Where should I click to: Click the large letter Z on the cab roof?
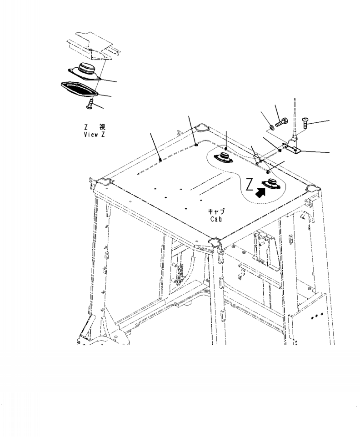point(250,185)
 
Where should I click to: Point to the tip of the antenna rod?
point(296,99)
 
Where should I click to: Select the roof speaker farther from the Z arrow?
point(225,158)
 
